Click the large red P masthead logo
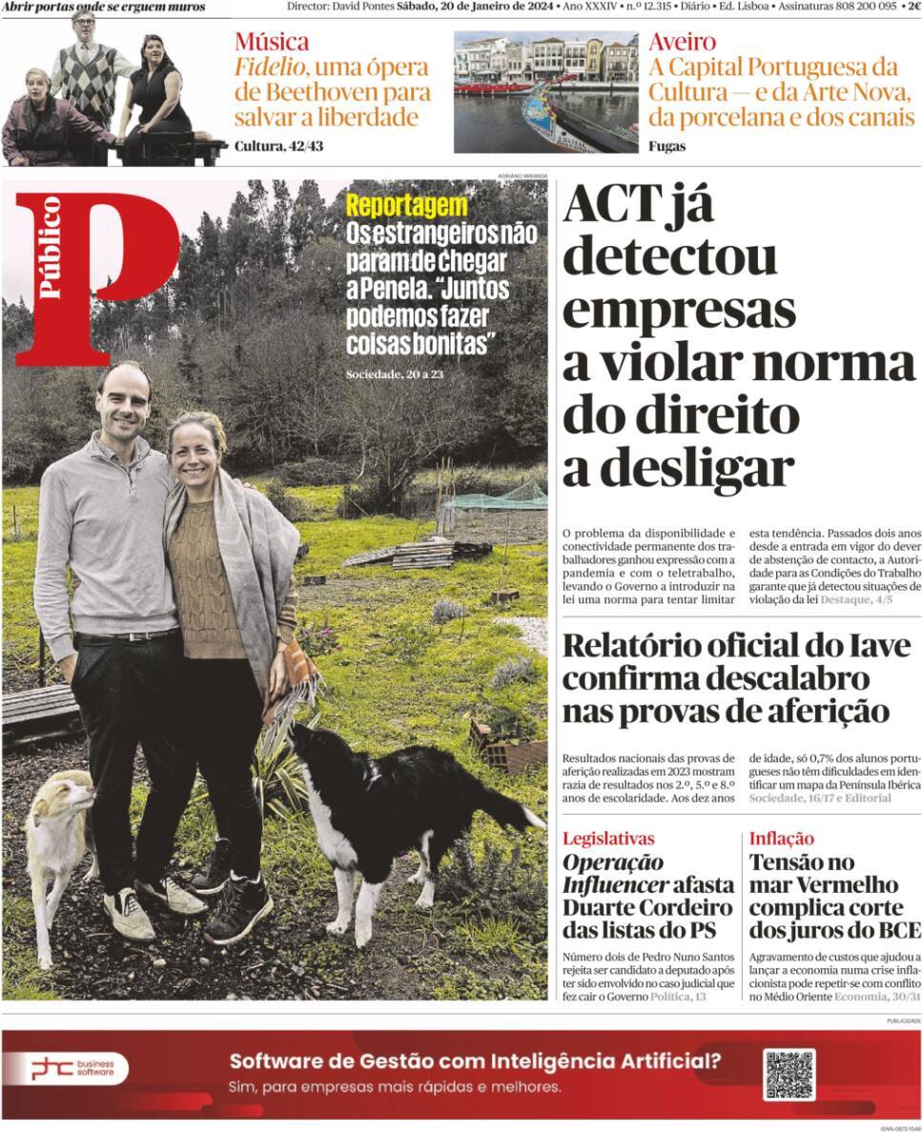coord(95,276)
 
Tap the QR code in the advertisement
coord(789,1074)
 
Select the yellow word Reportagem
coord(406,206)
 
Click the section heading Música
coord(272,42)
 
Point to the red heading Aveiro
coord(682,42)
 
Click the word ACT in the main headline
coord(611,204)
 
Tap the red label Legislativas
coord(608,839)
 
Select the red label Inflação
coord(781,839)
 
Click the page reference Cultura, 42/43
coord(278,146)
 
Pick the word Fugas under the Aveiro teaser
coord(666,146)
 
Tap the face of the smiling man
coord(124,400)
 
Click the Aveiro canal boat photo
coord(545,92)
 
